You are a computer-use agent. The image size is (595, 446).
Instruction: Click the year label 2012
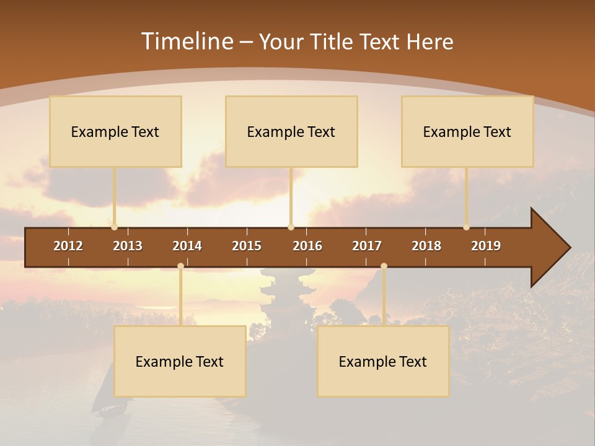(x=68, y=246)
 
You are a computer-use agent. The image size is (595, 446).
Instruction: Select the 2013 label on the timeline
(x=128, y=246)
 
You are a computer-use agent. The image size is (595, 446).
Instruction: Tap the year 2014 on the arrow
(x=187, y=246)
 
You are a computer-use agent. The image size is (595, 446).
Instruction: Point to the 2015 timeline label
(x=247, y=246)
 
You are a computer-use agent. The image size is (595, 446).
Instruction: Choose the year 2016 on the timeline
(x=307, y=246)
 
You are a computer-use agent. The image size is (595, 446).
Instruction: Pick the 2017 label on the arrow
(x=367, y=246)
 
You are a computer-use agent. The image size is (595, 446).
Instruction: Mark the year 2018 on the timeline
(x=426, y=246)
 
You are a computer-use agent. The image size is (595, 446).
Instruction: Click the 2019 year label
(x=486, y=246)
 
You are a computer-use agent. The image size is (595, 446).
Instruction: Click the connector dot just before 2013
(x=114, y=227)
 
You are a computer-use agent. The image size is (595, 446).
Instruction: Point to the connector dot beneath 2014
(x=180, y=266)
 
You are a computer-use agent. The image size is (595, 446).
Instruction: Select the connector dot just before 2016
(x=291, y=227)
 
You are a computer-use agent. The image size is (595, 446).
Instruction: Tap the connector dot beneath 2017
(x=384, y=266)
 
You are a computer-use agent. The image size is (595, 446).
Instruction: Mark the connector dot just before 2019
(x=466, y=227)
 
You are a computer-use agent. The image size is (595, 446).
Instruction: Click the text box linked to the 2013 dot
(x=115, y=131)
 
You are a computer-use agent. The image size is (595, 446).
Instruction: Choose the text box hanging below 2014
(x=180, y=361)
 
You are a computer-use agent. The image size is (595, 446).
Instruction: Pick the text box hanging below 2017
(x=383, y=361)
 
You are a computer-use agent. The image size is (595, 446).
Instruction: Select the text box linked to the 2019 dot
(x=467, y=131)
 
